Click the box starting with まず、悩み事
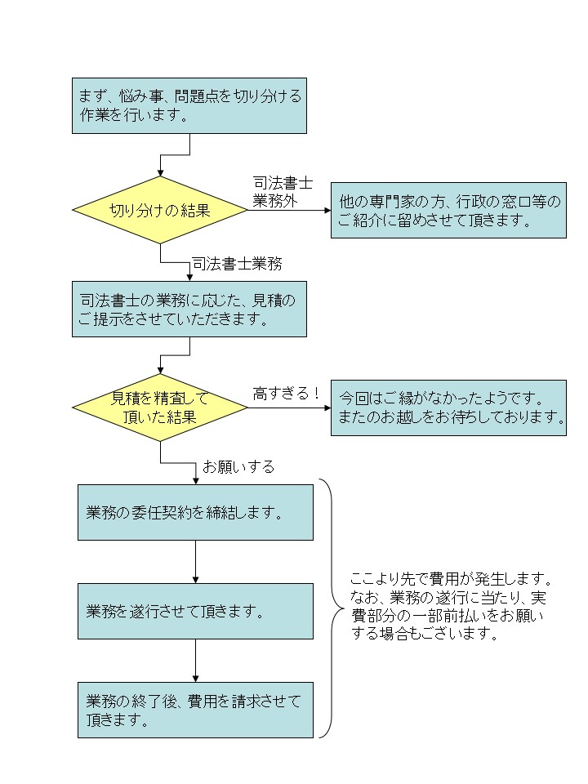pos(189,105)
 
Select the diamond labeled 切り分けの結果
pos(160,210)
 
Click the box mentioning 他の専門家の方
pos(448,210)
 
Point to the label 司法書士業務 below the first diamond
pos(238,264)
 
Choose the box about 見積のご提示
pos(189,310)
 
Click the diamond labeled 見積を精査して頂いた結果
pos(160,408)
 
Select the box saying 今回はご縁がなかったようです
pos(448,408)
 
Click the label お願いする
pos(238,467)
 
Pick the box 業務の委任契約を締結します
pos(195,512)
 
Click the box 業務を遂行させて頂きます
pos(195,611)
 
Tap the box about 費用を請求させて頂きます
pos(195,710)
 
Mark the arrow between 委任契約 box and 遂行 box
pos(195,561)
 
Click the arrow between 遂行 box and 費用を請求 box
pos(195,660)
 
